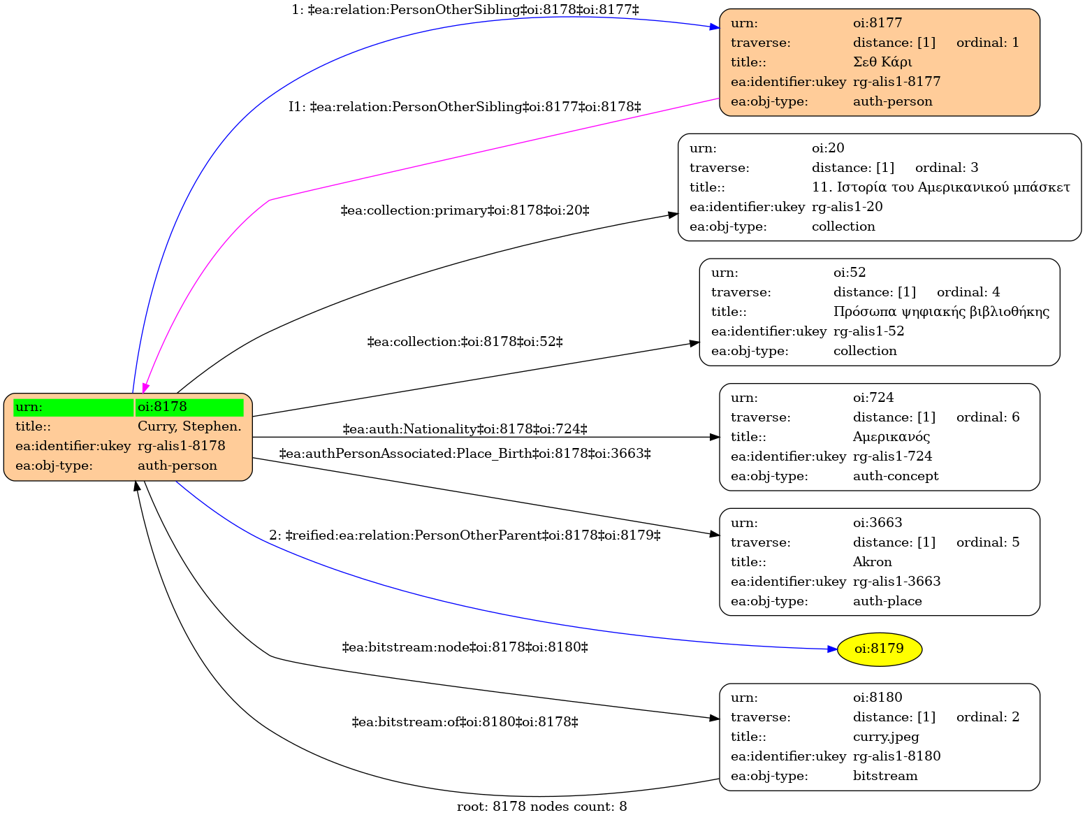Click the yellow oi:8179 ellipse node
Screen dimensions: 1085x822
tap(879, 649)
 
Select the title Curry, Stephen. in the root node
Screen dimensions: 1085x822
tap(189, 426)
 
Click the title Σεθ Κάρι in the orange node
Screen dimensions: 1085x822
tap(882, 62)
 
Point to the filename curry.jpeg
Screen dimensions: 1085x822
tap(886, 737)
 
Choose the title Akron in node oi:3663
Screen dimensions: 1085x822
tap(873, 562)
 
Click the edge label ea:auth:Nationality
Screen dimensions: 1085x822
tap(465, 428)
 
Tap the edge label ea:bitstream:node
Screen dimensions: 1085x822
tap(465, 647)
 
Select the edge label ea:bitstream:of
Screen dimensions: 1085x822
tap(465, 722)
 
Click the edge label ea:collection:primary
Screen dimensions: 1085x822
tap(465, 210)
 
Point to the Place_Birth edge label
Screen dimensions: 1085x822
tap(465, 454)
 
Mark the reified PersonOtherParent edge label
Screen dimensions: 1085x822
tap(465, 535)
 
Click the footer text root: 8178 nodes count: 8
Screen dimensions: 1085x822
tap(541, 807)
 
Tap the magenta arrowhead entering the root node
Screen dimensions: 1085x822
tap(145, 388)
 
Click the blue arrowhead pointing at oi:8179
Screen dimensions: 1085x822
tap(832, 649)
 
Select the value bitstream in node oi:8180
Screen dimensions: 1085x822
tap(885, 776)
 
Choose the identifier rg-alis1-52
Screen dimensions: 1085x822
tap(868, 331)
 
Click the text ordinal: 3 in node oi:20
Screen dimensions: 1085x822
tap(946, 167)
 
